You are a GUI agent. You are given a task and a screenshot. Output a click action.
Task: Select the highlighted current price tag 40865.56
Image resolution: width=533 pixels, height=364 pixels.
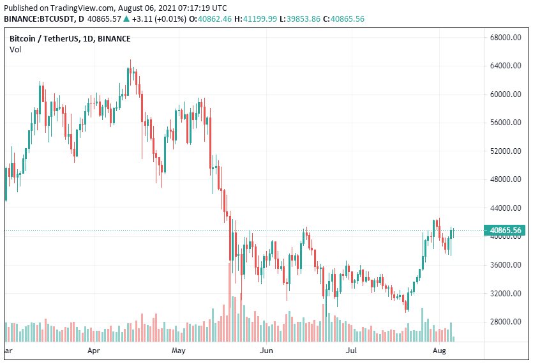pos(504,230)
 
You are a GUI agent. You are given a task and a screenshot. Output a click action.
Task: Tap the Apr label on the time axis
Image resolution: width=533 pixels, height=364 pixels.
pos(94,351)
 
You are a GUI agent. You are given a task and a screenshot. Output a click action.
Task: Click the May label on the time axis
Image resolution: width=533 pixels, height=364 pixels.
pos(179,351)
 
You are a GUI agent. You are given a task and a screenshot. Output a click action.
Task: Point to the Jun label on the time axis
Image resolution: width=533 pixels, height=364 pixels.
pos(267,351)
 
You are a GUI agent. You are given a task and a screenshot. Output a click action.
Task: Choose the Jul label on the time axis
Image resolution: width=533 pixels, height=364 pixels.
pos(352,351)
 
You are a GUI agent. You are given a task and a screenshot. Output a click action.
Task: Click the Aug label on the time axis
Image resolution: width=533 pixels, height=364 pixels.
pos(439,351)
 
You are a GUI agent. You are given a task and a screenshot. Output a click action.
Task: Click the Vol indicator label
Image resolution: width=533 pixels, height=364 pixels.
pos(15,50)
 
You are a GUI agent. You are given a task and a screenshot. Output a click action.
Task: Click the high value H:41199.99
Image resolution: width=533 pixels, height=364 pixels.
pos(257,19)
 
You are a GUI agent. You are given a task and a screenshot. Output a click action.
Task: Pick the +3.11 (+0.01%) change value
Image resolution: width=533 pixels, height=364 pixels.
pos(160,19)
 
